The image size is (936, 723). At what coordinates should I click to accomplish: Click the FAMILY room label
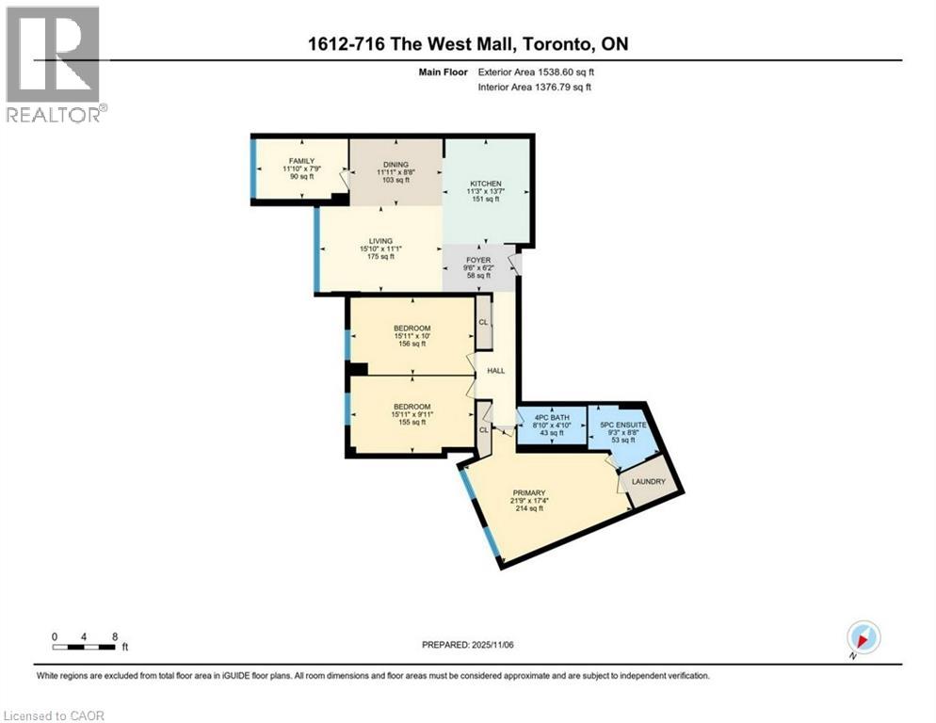[x=301, y=161]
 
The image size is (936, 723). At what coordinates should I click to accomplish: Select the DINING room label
[x=395, y=165]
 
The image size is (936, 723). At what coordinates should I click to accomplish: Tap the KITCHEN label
[x=486, y=184]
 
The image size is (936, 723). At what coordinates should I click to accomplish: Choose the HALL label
[x=495, y=371]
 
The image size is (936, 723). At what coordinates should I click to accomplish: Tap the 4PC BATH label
[x=552, y=417]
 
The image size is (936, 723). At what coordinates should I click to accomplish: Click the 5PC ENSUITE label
[x=621, y=425]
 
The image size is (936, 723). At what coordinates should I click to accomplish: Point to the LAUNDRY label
[x=648, y=482]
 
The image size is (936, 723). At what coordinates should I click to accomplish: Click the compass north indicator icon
[x=863, y=637]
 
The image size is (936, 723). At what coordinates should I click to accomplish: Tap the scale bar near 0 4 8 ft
[x=85, y=646]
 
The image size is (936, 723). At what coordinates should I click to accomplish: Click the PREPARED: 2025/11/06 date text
[x=468, y=645]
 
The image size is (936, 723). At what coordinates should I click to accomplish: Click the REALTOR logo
[x=54, y=64]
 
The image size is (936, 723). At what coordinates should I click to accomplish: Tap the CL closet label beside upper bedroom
[x=483, y=321]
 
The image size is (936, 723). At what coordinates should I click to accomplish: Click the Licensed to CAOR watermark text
[x=55, y=715]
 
